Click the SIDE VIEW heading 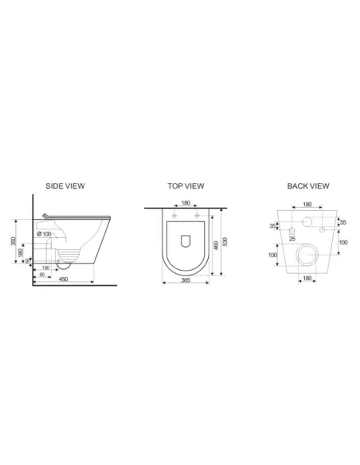65,186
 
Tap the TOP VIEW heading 186,186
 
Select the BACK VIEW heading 308,186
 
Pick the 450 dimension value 62,279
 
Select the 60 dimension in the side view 41,274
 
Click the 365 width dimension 185,281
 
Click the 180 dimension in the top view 185,203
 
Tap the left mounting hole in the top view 174,216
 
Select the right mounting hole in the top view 196,216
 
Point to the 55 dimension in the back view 343,223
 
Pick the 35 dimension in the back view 273,227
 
